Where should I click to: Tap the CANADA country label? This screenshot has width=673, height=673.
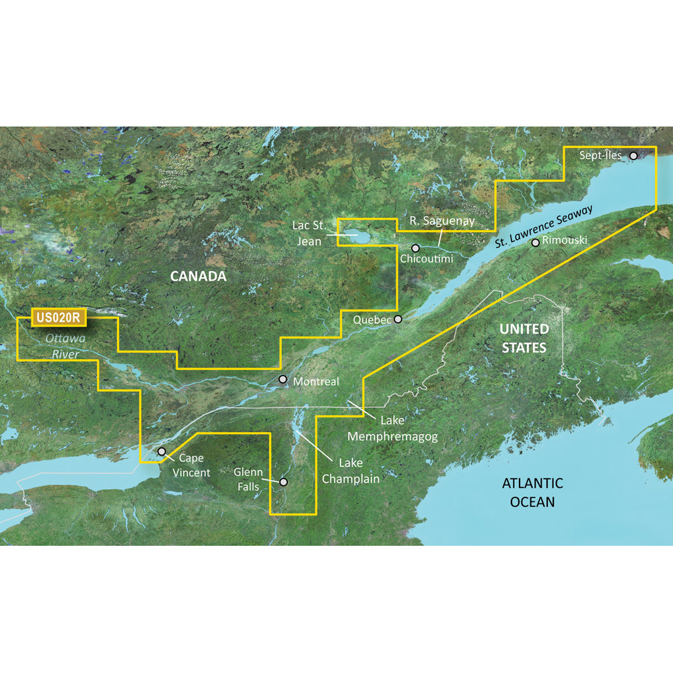[x=198, y=277]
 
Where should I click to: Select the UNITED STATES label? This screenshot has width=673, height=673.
[x=524, y=338]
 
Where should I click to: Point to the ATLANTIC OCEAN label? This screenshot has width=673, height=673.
[x=532, y=492]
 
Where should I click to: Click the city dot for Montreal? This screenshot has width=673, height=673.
[x=283, y=380]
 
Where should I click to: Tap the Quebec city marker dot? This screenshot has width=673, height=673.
[x=398, y=319]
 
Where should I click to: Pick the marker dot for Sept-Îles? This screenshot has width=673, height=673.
[x=633, y=155]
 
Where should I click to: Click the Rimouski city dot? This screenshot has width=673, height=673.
[x=535, y=242]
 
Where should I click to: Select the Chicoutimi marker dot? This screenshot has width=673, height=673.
[x=416, y=248]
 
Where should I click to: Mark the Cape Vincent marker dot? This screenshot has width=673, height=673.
[x=162, y=452]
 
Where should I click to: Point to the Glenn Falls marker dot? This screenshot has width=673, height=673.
[x=284, y=482]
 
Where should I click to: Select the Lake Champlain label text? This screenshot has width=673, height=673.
[x=351, y=470]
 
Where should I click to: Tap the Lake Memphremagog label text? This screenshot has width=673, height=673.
[x=392, y=429]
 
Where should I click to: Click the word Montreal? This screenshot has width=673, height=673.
[x=316, y=382]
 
